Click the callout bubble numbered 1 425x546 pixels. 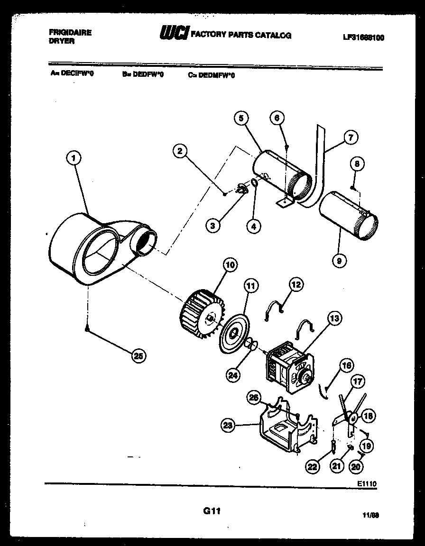73,158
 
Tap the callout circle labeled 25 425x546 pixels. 139,356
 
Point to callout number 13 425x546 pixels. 334,318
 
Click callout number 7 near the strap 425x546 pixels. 350,138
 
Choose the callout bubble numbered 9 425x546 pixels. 340,260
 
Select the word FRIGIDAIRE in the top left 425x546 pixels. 70,33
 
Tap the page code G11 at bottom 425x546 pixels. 212,511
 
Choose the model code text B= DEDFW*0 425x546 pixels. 142,74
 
